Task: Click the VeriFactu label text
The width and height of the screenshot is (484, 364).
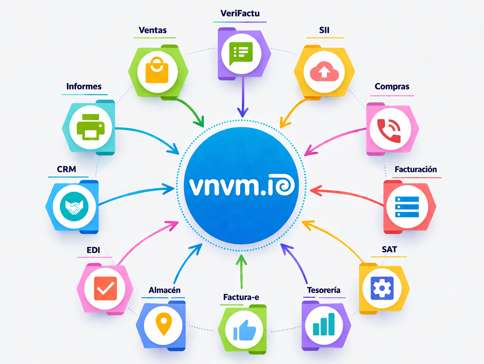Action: click(240, 13)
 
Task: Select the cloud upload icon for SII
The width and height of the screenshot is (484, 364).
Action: click(324, 72)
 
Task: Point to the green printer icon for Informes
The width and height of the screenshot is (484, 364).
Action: click(90, 127)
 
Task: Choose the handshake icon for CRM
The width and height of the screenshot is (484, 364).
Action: click(74, 206)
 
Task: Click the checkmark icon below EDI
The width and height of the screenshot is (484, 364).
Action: click(105, 288)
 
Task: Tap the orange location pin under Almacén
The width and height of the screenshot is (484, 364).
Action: click(164, 323)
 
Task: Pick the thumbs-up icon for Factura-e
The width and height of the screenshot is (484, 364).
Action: click(245, 330)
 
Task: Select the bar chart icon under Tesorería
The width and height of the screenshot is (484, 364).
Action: click(324, 324)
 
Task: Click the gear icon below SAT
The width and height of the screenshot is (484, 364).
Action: click(382, 288)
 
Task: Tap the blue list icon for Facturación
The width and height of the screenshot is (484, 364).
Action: click(407, 207)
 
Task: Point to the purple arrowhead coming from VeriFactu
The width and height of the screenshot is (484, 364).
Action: click(243, 113)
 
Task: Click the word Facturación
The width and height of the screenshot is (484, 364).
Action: click(415, 169)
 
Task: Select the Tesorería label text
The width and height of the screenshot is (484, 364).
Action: click(323, 290)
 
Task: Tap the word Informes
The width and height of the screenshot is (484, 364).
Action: click(84, 86)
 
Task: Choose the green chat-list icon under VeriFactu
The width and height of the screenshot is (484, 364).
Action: click(241, 53)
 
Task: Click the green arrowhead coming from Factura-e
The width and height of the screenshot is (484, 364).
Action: click(241, 259)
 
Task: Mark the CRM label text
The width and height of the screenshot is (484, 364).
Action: click(67, 169)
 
